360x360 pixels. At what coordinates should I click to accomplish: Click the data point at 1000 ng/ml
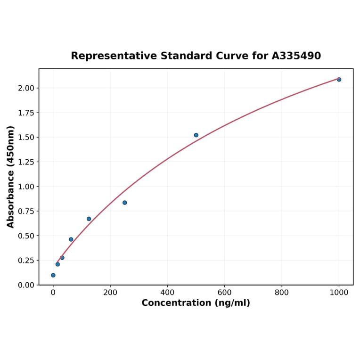339,80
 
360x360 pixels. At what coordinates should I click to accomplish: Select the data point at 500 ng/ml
196,135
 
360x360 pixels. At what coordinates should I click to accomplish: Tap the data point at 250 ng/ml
124,203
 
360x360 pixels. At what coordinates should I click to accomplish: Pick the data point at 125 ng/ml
89,219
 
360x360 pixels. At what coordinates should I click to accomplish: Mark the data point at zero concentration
53,275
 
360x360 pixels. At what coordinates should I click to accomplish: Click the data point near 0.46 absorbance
71,239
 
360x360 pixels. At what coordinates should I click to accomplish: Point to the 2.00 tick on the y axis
26,88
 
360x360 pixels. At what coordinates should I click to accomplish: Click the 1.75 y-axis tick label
26,113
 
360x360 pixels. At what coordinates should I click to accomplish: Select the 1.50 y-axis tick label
26,138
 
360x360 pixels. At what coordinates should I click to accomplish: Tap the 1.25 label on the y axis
26,162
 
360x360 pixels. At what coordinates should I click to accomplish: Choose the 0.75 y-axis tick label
26,211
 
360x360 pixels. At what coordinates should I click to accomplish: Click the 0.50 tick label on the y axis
26,236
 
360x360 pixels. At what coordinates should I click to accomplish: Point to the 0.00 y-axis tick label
26,285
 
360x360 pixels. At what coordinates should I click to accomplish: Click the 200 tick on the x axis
110,292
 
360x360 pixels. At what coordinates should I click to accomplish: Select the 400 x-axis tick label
167,292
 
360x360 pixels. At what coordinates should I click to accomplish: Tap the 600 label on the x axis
225,292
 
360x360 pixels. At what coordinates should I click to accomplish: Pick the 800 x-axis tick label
282,292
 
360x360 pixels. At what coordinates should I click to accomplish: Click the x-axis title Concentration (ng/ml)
196,303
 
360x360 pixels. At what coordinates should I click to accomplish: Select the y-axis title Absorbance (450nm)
11,177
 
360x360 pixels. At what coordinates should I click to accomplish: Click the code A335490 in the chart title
296,56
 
